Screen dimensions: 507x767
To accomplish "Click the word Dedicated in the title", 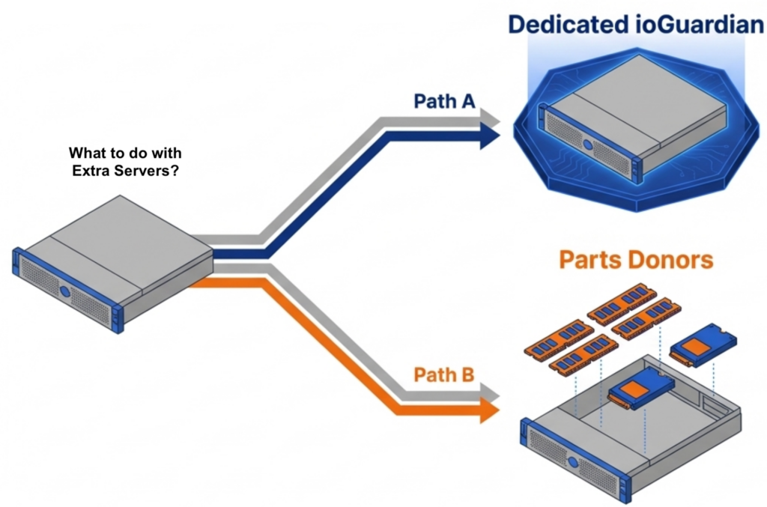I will (566, 24).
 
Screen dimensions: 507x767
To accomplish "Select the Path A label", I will (444, 101).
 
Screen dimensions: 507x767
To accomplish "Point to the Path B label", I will (444, 374).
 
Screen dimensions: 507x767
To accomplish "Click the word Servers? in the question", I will (150, 170).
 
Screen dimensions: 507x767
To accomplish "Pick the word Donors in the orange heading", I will (673, 260).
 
